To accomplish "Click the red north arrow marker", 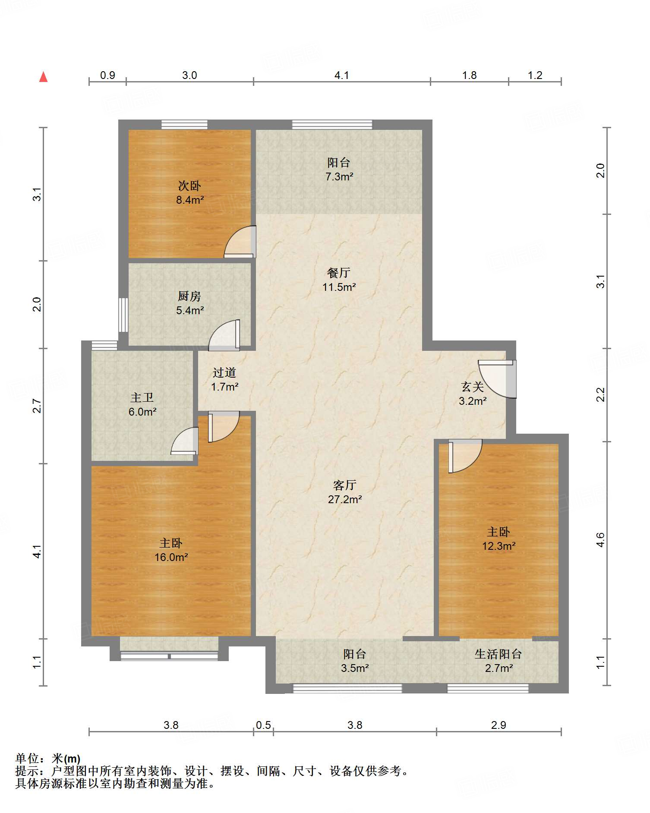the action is click(x=43, y=77).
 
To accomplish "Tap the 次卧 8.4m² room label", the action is click(x=190, y=192).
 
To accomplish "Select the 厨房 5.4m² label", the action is click(x=189, y=303).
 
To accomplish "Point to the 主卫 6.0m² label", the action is click(x=142, y=404).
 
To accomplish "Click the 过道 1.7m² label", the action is click(x=224, y=379).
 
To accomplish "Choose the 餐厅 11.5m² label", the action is click(x=339, y=280).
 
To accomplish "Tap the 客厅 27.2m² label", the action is click(x=344, y=492).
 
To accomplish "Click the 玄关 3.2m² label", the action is click(x=473, y=394).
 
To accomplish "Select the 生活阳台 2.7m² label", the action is click(x=499, y=661).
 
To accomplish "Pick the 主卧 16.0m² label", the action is click(x=171, y=550).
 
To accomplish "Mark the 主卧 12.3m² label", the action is click(x=499, y=539).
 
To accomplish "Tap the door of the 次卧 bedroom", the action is click(x=240, y=242).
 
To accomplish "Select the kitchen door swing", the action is click(x=224, y=335).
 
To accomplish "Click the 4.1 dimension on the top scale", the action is click(x=341, y=75).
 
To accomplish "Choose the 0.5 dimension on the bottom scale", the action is click(x=263, y=725).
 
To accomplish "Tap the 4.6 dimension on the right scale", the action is click(x=600, y=540).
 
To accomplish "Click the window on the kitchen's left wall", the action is click(x=123, y=315).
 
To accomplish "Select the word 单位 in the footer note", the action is click(x=27, y=759).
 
